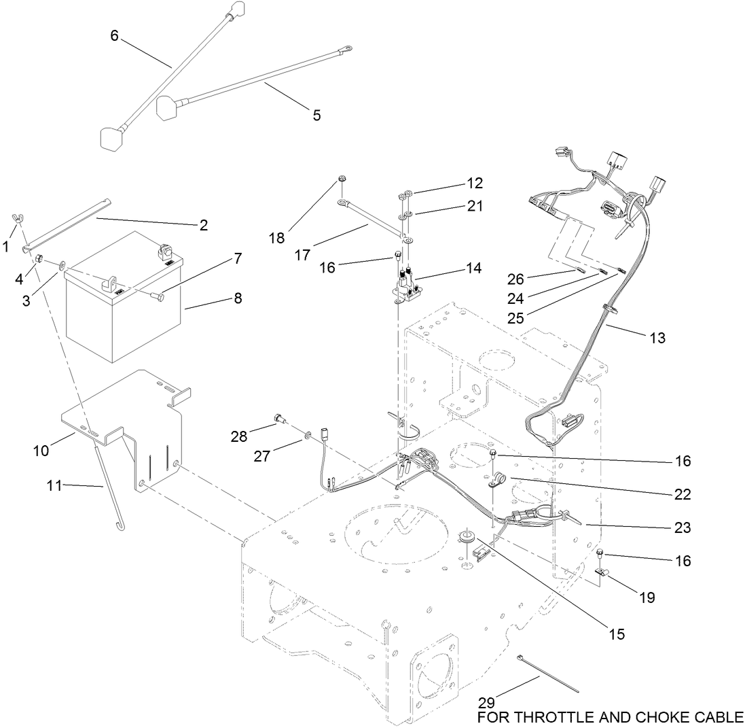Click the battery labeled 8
click(122, 306)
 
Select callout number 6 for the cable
click(115, 36)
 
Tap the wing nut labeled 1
click(18, 219)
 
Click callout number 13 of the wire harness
click(657, 338)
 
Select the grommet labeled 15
click(467, 536)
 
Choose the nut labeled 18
click(342, 180)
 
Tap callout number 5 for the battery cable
click(316, 115)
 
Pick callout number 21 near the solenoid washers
click(475, 206)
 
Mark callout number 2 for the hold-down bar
click(203, 225)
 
